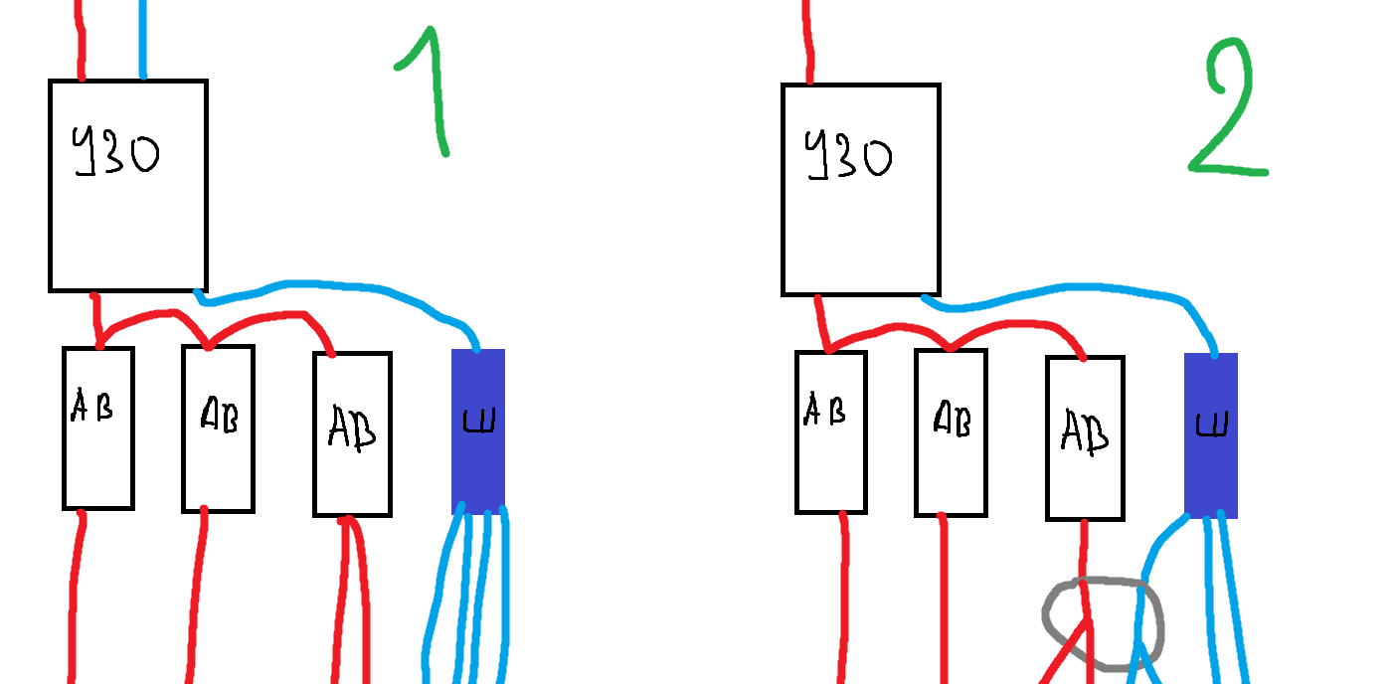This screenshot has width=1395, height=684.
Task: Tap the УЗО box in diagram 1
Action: (128, 219)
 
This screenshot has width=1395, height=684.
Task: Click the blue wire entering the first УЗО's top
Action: (143, 40)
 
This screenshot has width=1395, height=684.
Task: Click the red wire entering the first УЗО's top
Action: (81, 40)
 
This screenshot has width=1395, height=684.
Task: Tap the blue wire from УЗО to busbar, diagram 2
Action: (1064, 289)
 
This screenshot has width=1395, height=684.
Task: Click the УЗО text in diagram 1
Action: (115, 155)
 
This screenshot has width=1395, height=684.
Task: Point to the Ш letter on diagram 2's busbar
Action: (1211, 426)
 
